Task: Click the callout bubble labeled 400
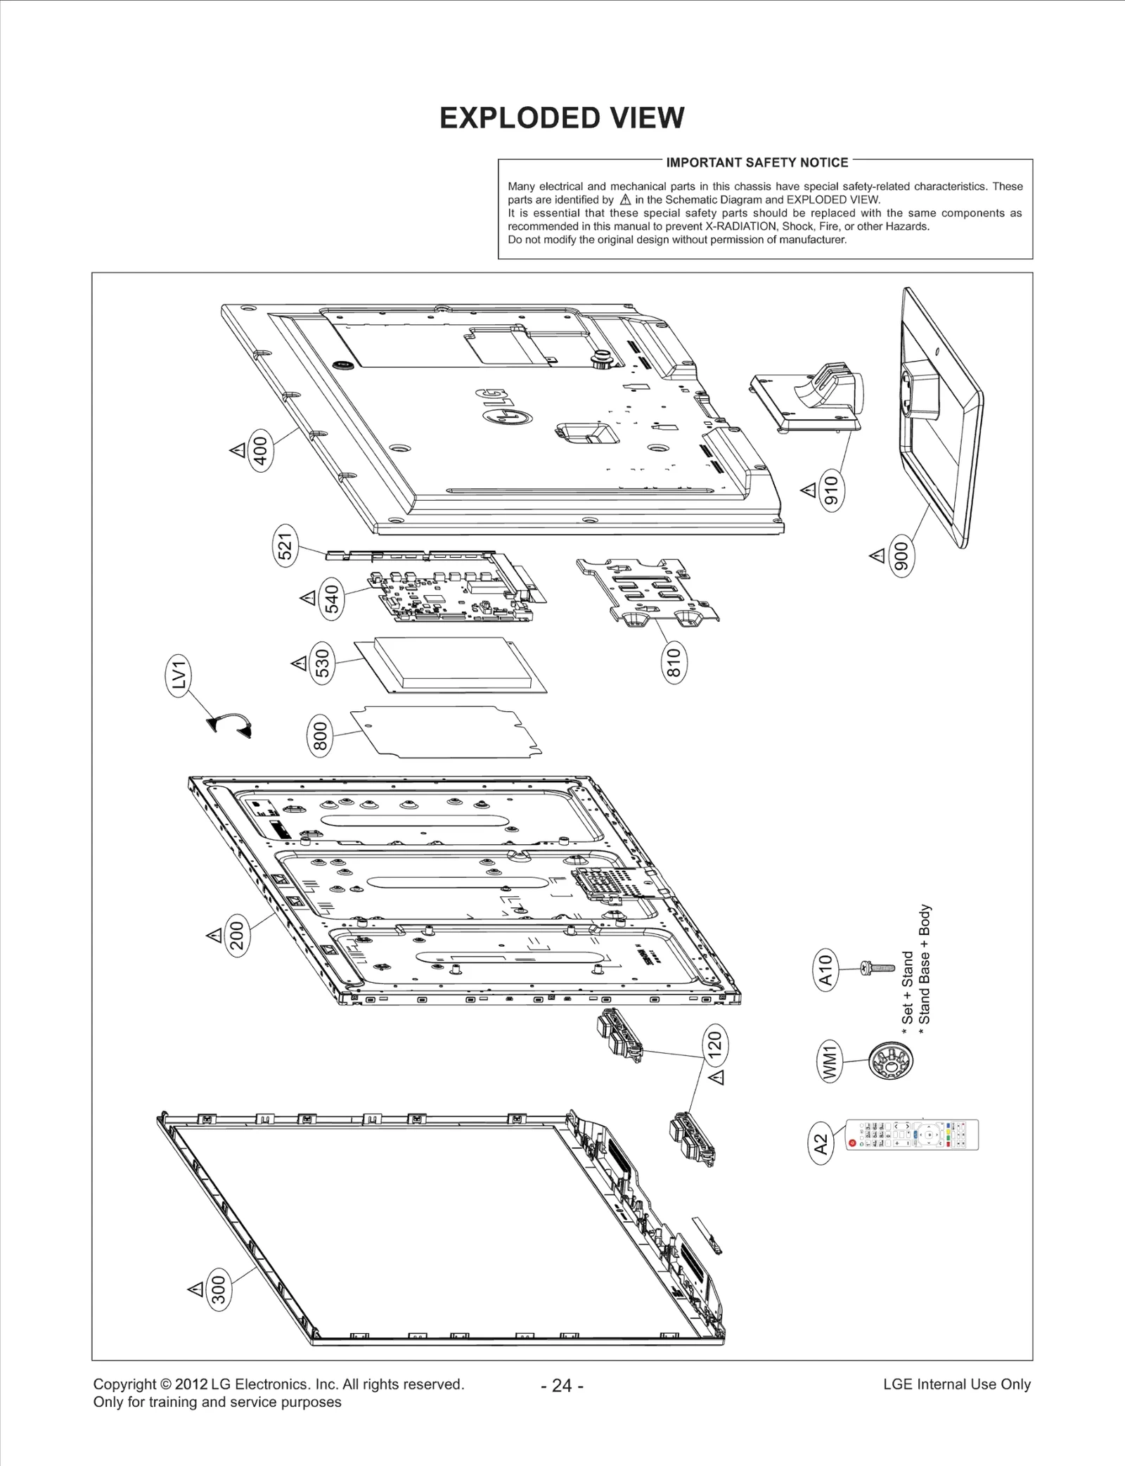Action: (261, 450)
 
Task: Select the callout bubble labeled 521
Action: (285, 546)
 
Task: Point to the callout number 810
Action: (674, 663)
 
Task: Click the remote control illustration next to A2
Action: (911, 1135)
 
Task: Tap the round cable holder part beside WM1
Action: (891, 1060)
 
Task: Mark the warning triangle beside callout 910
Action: (809, 490)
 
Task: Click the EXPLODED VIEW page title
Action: (562, 118)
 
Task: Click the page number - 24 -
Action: (562, 1385)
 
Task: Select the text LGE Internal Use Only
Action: (956, 1384)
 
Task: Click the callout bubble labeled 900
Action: (901, 556)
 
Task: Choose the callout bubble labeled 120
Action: (715, 1045)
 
